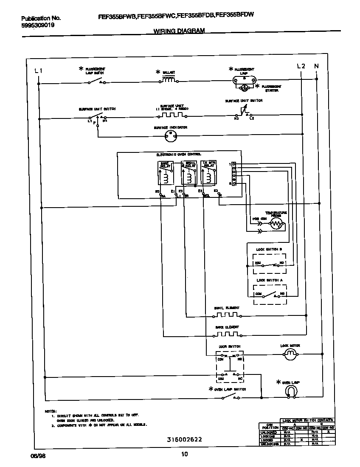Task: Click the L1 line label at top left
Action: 38,70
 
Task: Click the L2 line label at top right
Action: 301,66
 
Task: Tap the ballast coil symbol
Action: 168,80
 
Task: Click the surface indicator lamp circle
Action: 170,135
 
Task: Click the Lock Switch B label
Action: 269,249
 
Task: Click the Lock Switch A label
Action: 269,280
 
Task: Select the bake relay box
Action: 165,173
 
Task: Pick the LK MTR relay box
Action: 208,173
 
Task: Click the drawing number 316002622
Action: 179,440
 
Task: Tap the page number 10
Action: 184,454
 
